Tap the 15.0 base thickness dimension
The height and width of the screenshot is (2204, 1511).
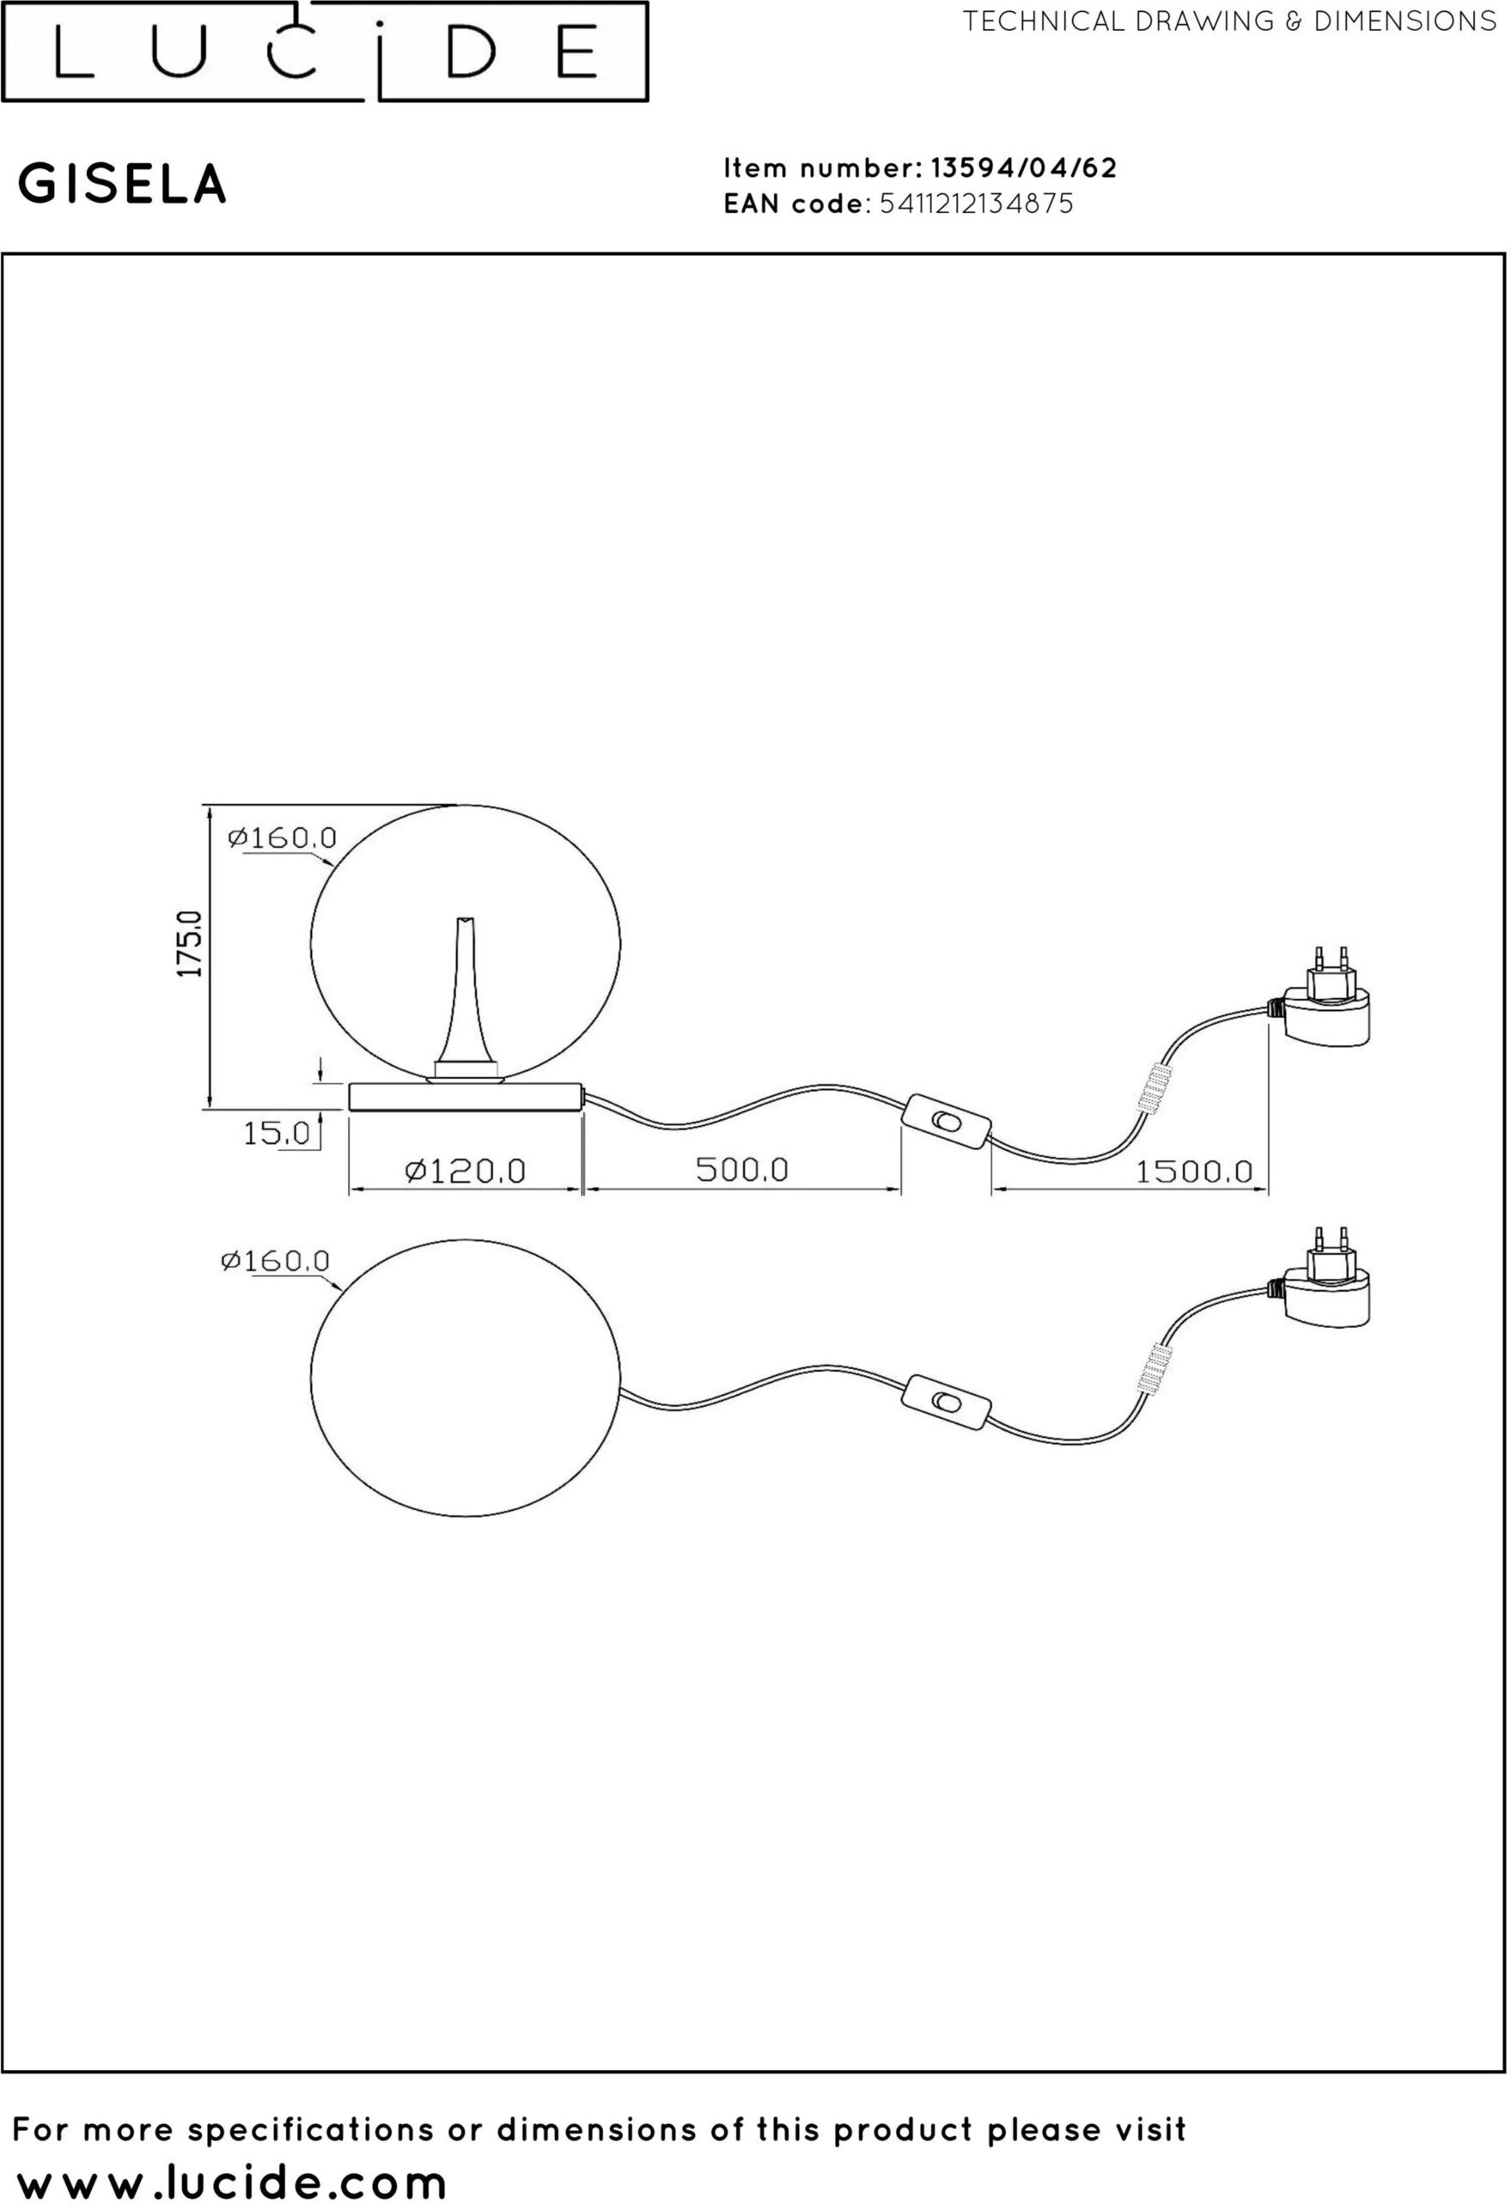(x=276, y=1132)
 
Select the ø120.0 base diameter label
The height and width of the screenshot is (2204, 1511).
(x=465, y=1172)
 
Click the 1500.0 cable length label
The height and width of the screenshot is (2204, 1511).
(x=1194, y=1172)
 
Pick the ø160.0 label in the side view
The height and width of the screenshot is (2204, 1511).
(x=283, y=838)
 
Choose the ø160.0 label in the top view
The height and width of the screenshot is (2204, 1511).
(x=275, y=1260)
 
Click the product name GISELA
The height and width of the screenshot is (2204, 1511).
(x=124, y=184)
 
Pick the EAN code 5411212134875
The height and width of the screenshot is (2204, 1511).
(x=976, y=204)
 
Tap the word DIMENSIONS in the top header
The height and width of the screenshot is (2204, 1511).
(x=1404, y=21)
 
